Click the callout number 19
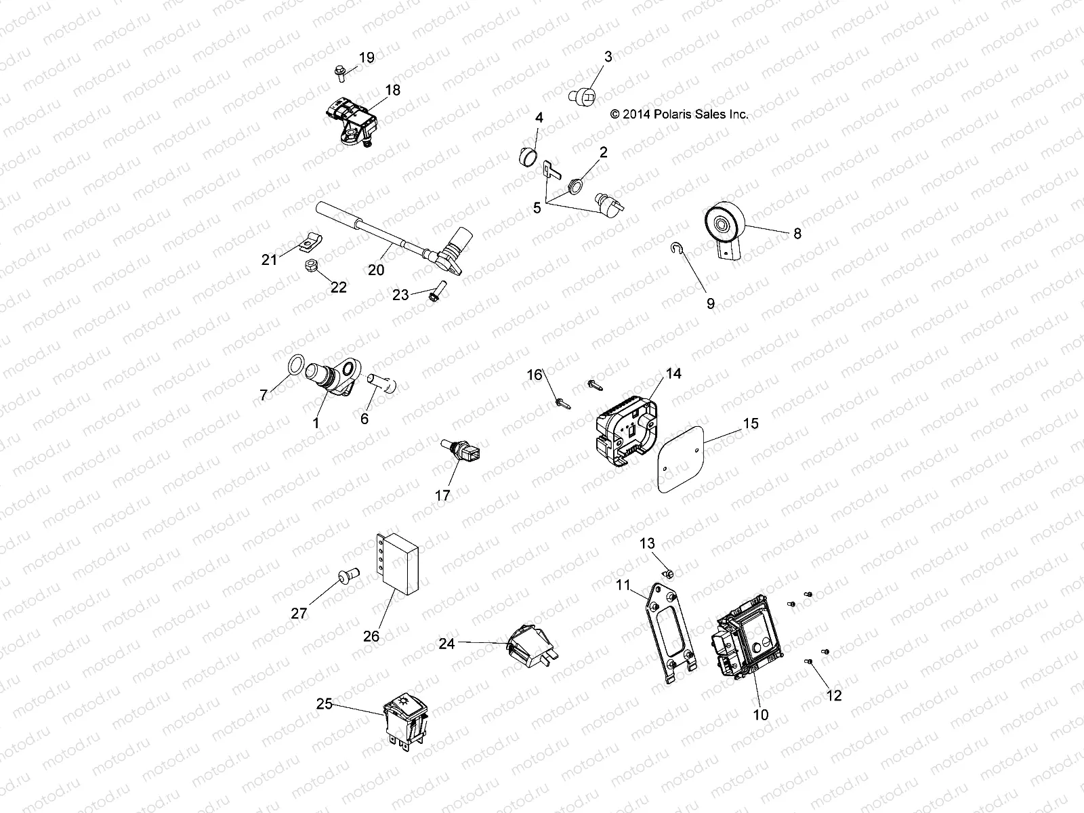(x=366, y=58)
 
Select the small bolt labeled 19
(x=339, y=70)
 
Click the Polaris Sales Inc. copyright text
(x=679, y=114)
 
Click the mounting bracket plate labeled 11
(x=669, y=629)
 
